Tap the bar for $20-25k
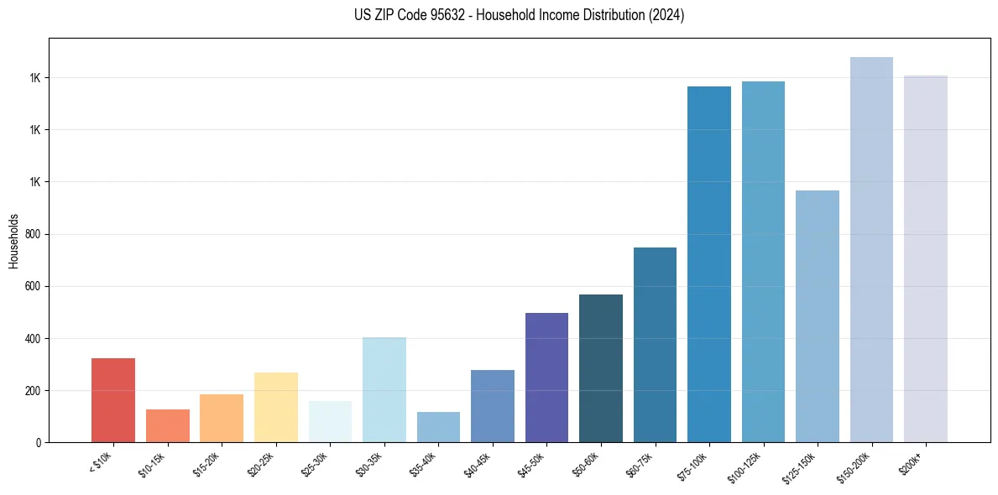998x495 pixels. tap(276, 407)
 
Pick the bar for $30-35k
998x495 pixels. tap(384, 390)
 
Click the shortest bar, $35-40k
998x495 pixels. tap(438, 427)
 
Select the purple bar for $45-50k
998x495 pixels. tap(546, 378)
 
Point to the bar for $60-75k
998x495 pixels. tap(655, 345)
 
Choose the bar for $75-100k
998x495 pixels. tap(709, 264)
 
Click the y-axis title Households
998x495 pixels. tap(13, 240)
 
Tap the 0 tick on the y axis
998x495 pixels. tap(39, 443)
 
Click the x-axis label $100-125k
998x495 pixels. tap(747, 465)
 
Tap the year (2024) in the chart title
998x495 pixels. tap(667, 15)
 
